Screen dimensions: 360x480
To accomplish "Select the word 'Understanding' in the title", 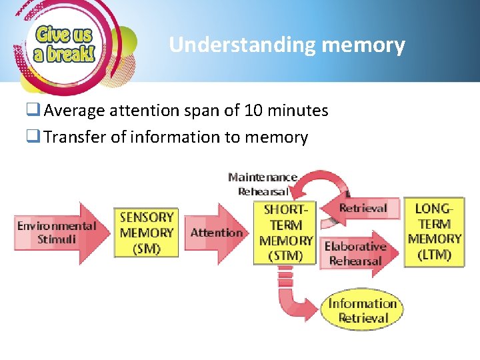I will pos(242,45).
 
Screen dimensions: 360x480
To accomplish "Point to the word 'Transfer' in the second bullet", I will pos(70,137).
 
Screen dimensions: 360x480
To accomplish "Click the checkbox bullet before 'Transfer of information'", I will pos(34,137).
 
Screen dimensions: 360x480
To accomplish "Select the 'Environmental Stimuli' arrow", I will pos(57,233).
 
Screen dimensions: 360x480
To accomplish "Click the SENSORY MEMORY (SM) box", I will pos(147,233).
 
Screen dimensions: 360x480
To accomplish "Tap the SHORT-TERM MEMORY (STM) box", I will pos(285,233).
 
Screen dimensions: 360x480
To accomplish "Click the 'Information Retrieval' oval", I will pos(362,310).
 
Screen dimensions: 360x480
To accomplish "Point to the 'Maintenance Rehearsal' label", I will pos(263,184).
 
